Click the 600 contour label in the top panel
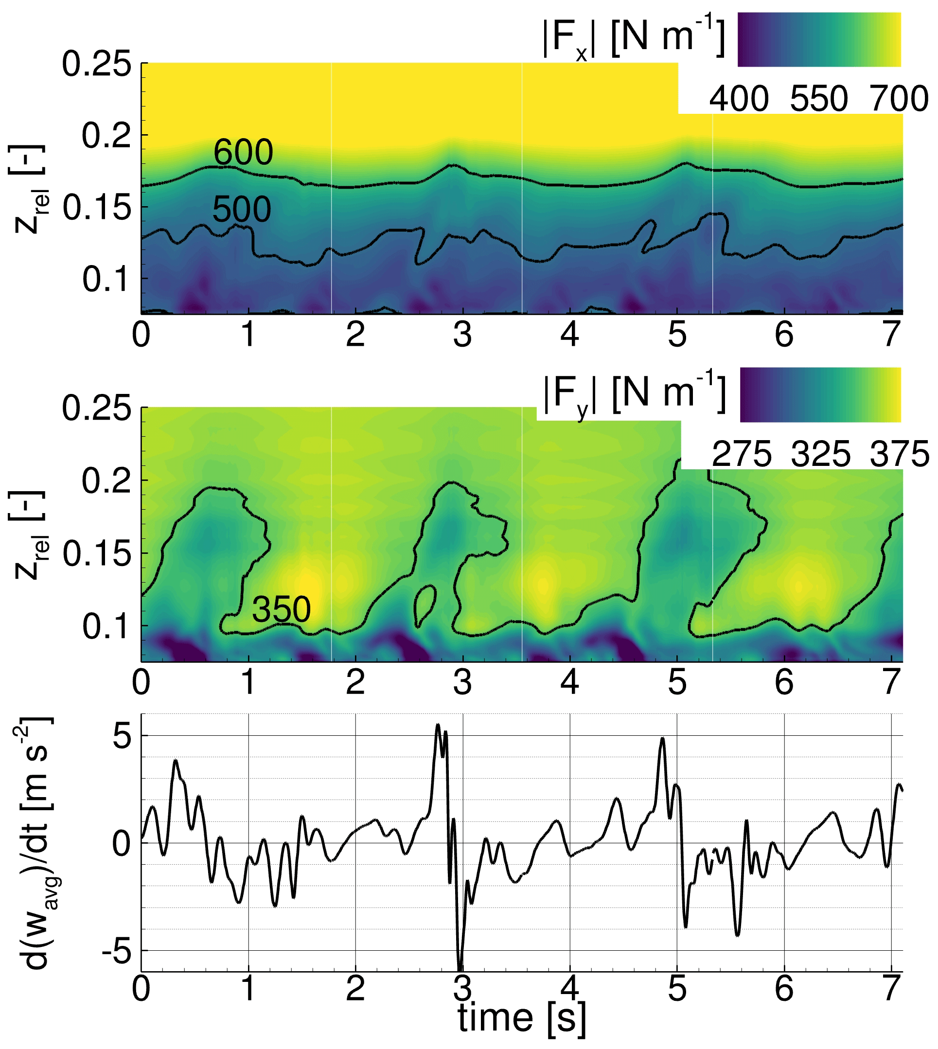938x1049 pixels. pyautogui.click(x=243, y=153)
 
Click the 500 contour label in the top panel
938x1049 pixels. pyautogui.click(x=241, y=210)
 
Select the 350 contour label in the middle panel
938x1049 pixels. pyautogui.click(x=281, y=609)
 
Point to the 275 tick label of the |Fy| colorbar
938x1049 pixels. pyautogui.click(x=742, y=454)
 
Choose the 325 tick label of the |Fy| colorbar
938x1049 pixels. pyautogui.click(x=820, y=454)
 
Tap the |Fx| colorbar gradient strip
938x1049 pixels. pyautogui.click(x=819, y=40)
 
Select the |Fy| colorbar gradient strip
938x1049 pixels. pyautogui.click(x=820, y=394)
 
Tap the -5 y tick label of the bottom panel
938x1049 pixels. pyautogui.click(x=115, y=950)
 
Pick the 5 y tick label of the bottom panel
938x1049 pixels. pyautogui.click(x=122, y=737)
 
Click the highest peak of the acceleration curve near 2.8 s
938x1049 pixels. pyautogui.click(x=438, y=725)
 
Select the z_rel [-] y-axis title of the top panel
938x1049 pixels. pyautogui.click(x=28, y=189)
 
